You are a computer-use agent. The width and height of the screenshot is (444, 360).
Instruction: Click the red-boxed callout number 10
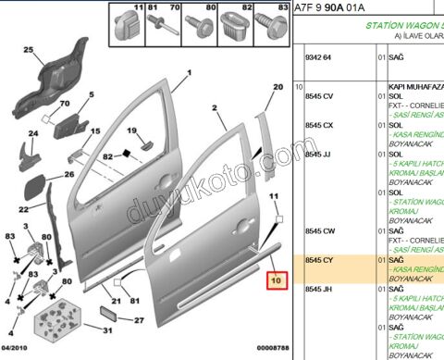pos(275,279)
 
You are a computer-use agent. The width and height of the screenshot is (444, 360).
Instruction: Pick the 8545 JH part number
pos(317,291)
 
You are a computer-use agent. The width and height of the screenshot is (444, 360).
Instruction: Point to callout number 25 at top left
pos(28,49)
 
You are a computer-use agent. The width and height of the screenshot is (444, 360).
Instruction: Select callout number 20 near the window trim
pos(275,87)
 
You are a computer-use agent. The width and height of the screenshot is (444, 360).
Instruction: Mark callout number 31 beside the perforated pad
pos(107,329)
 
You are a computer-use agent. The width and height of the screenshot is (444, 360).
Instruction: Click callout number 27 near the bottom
pos(140,321)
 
